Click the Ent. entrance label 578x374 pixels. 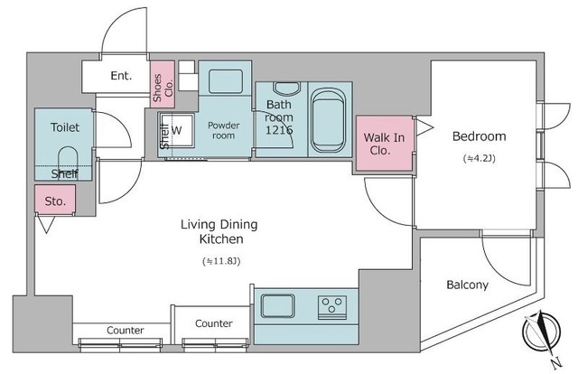pos(121,76)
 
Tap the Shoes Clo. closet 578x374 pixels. pos(163,84)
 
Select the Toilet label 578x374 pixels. pos(65,127)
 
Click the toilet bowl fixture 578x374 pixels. pos(68,158)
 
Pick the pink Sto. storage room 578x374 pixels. pos(55,199)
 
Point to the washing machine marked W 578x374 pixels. pos(176,130)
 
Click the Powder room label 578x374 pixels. pos(223,130)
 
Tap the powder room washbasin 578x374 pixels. pos(226,81)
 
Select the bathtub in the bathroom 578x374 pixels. pos(328,120)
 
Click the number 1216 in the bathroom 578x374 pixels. pos(279,130)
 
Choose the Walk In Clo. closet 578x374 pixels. pos(384,143)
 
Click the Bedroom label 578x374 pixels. pos(479,136)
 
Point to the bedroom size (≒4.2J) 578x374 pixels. pos(480,158)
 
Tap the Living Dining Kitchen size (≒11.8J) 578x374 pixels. pos(221,261)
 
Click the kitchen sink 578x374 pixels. pos(277,305)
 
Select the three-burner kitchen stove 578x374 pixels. pos(332,307)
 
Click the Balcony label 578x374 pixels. pos(467,285)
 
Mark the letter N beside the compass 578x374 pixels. pos(556,362)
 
